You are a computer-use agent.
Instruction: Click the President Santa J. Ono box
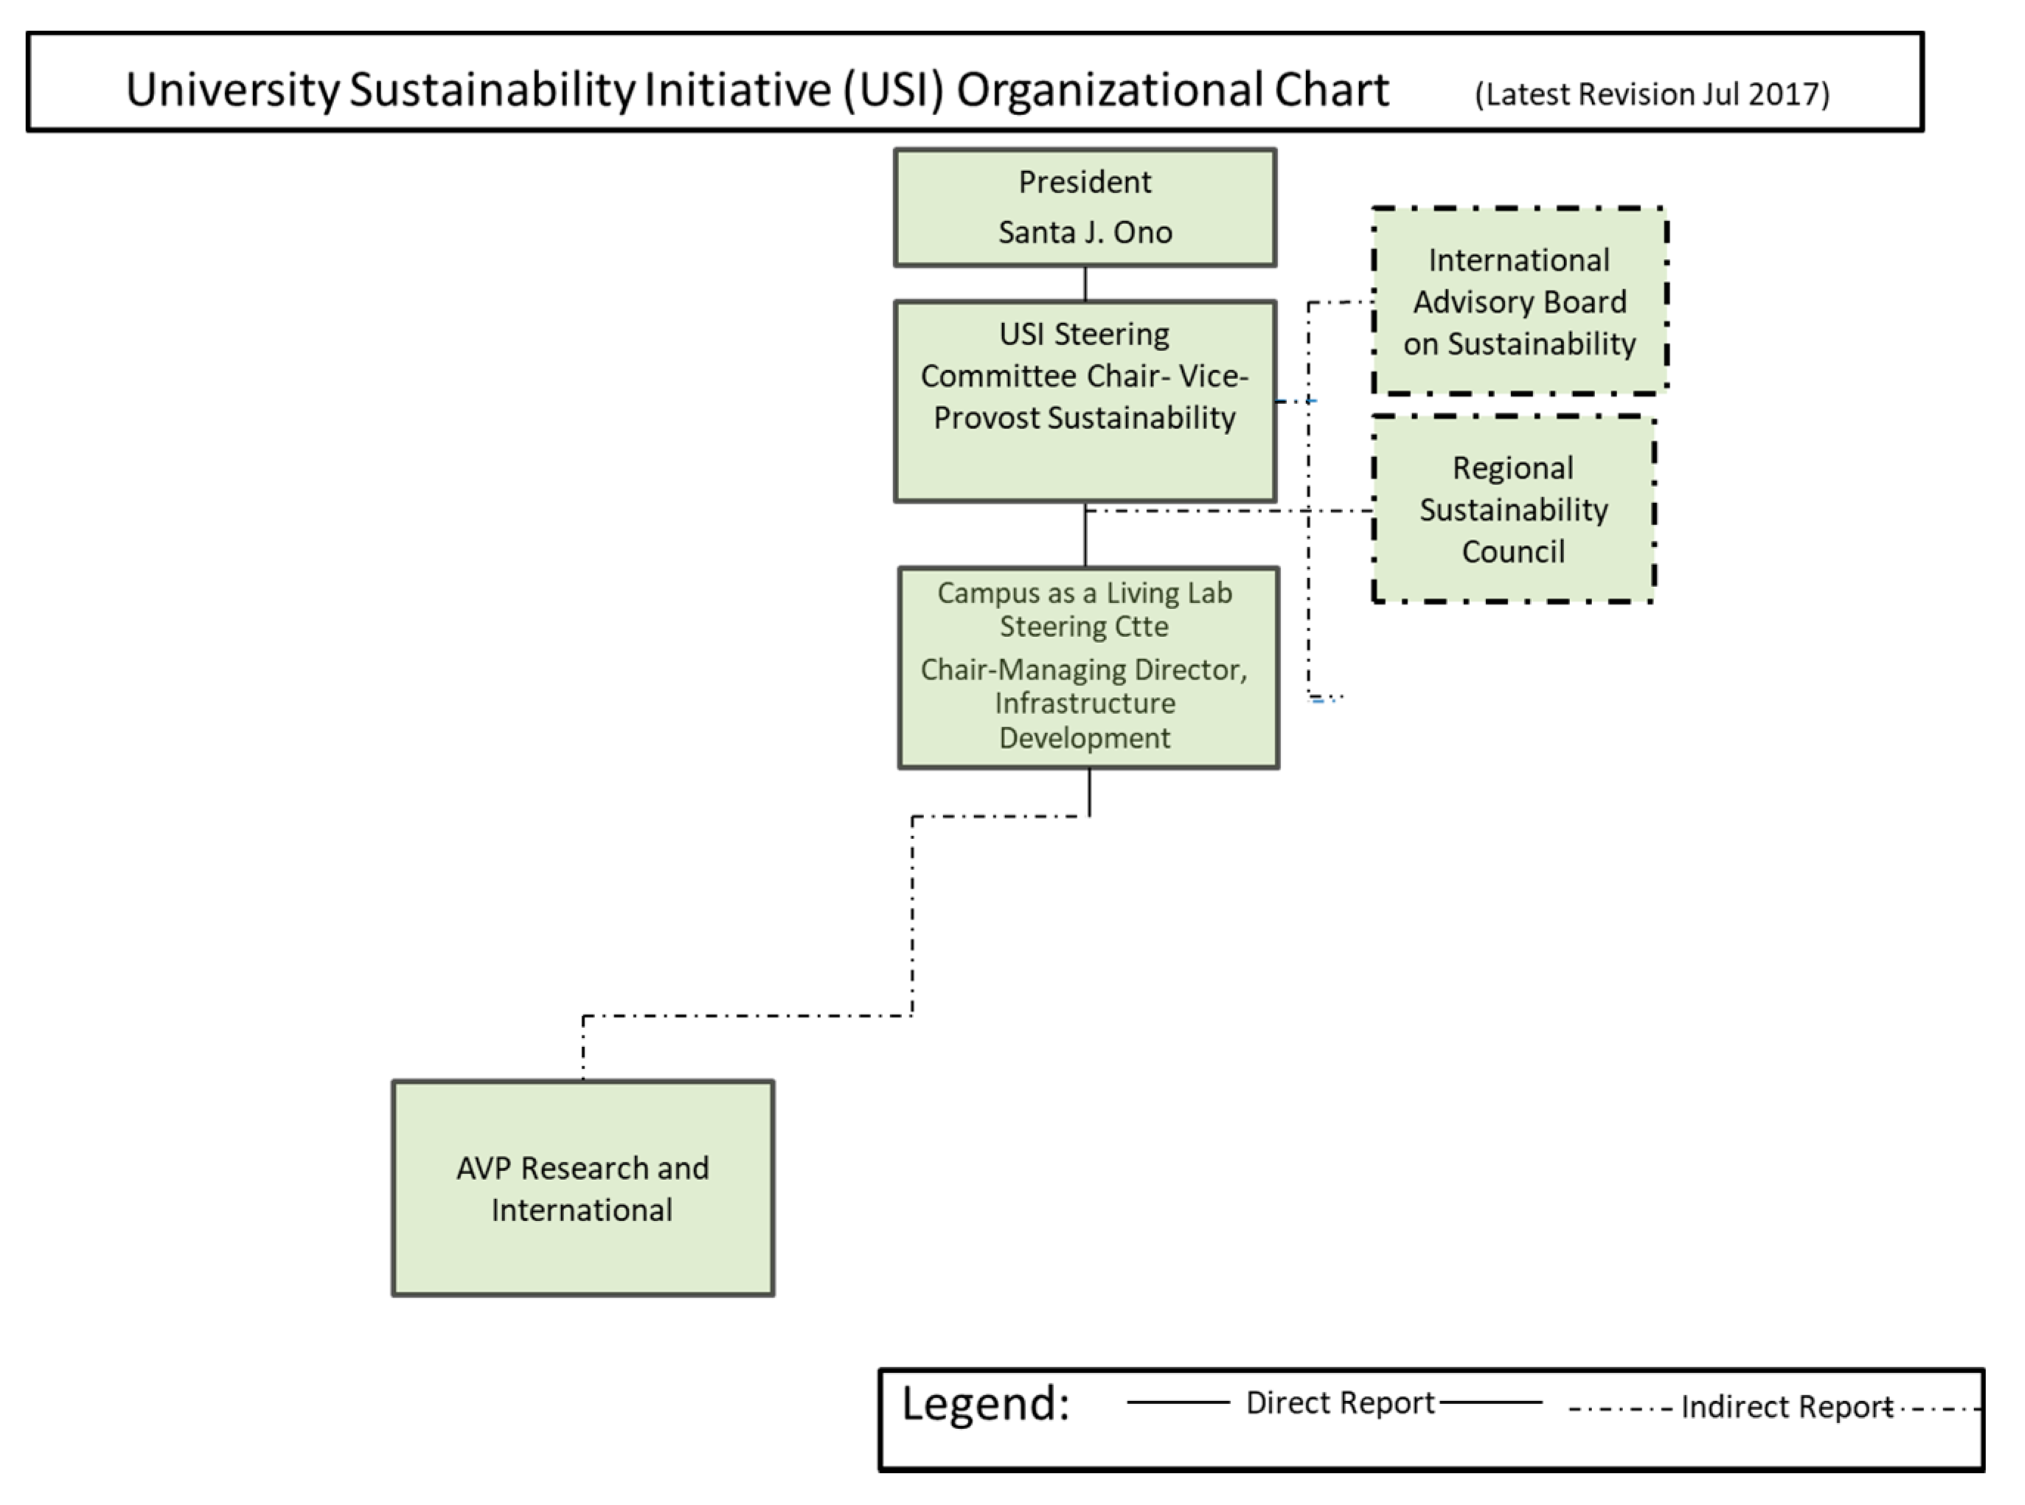1084,208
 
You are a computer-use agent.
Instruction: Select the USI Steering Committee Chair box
1084,401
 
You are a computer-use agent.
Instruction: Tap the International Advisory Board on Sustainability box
1518,302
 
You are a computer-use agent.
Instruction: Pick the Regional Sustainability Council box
1512,510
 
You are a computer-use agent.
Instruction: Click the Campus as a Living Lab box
1088,668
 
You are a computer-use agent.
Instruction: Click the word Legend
984,1404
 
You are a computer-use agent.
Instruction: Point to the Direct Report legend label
1339,1403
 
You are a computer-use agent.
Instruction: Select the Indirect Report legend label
1785,1408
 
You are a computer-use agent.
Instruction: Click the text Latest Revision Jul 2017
1652,94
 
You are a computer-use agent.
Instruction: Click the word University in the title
232,90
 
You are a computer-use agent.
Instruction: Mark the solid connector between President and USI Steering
1085,283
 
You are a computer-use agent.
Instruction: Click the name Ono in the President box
1142,232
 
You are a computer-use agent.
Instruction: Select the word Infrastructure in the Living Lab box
1084,703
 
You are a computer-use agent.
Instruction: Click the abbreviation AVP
483,1168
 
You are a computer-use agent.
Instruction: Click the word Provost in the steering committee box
986,418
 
